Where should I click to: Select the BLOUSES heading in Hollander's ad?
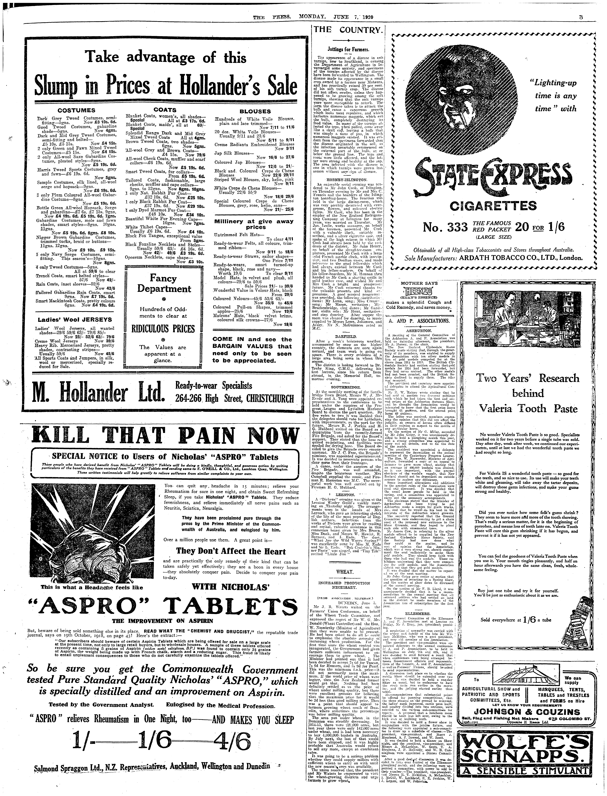(255, 111)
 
